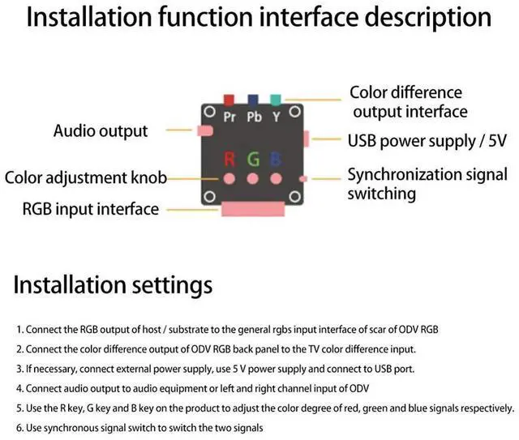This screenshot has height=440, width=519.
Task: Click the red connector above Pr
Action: coord(229,99)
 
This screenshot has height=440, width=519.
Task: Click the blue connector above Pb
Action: coord(253,99)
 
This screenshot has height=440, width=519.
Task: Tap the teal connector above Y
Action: coord(276,99)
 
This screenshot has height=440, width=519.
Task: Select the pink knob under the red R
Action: coord(229,177)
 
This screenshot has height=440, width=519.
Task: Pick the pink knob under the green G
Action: coord(253,177)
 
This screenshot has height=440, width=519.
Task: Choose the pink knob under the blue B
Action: coord(276,177)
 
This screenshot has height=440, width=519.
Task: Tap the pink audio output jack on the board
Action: coord(204,130)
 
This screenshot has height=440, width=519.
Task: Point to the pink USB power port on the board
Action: coord(305,138)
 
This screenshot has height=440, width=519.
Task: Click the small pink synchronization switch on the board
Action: coord(302,178)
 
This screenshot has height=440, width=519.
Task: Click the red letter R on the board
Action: coord(229,157)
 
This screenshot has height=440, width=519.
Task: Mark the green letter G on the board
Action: coord(253,157)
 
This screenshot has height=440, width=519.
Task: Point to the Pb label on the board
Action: coord(255,117)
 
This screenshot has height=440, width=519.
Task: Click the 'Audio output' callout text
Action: coord(101,130)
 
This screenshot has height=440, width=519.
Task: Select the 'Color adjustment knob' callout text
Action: coord(85,177)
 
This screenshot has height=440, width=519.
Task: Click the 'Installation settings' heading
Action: coord(113,284)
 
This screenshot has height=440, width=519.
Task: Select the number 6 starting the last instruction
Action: coord(18,427)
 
